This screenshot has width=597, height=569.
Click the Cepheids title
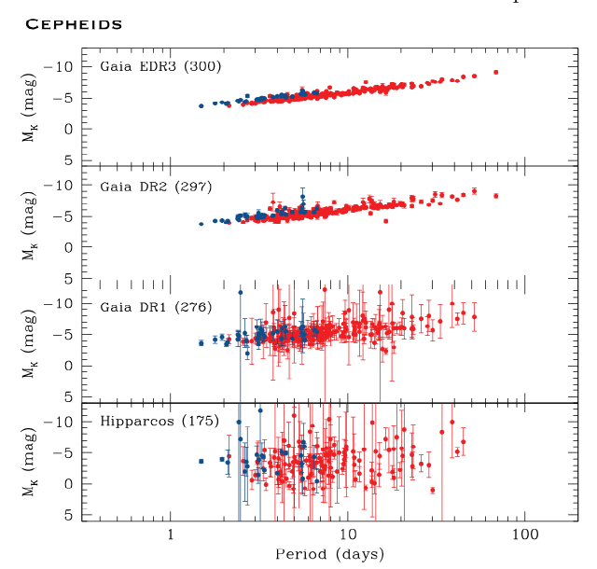74,23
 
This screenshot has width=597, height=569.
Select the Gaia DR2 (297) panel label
156,186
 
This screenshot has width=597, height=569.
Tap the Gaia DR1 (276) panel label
156,306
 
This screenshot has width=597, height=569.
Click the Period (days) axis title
329,554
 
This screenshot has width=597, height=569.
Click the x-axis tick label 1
170,537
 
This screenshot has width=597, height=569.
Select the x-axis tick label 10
347,537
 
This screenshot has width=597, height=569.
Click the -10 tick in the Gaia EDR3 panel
61,67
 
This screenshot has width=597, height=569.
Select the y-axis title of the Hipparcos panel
32,468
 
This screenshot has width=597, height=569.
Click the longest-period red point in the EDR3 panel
496,72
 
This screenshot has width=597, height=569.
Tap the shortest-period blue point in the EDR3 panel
201,106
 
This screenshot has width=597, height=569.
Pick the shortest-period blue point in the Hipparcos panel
201,461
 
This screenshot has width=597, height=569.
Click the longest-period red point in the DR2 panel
496,196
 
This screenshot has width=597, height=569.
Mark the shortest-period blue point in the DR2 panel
201,224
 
